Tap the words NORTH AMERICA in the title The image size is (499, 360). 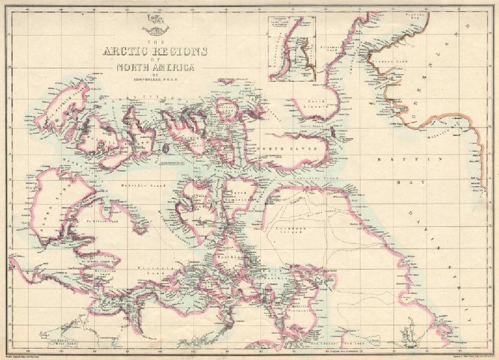(x=155, y=68)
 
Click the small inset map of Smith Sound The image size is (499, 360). (x=291, y=49)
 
